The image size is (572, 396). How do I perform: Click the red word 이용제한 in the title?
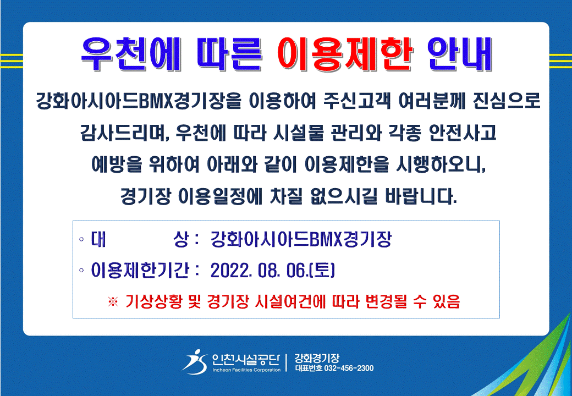345,54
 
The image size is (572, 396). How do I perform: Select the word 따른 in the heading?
229,54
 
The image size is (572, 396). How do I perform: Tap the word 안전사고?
462,133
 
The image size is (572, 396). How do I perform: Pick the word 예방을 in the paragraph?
117,164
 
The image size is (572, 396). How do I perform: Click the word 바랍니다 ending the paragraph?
421,196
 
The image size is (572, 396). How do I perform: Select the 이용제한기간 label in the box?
140,270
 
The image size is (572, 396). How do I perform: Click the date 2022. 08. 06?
259,271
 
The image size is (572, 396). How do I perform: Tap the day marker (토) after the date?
322,271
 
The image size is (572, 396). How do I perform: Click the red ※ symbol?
113,302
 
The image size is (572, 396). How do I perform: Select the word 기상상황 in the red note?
153,301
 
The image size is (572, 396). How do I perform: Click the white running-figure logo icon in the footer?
195,362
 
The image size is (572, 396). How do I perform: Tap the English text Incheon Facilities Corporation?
246,370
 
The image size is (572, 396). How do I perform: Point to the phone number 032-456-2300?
349,369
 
